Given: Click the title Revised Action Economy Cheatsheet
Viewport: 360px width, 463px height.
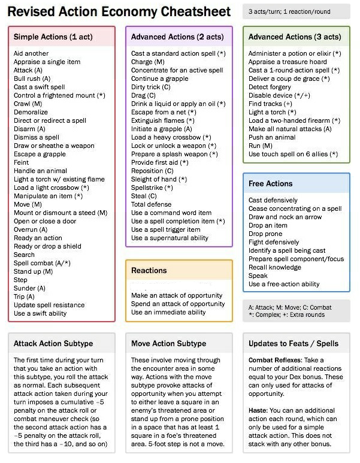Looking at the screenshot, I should click(x=119, y=11).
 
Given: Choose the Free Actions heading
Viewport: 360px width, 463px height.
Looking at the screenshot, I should click(x=270, y=184).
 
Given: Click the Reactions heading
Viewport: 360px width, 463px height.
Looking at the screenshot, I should click(x=150, y=271).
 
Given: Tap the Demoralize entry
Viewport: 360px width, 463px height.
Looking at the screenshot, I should click(x=31, y=112).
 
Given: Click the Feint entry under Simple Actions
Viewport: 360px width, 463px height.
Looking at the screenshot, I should click(x=21, y=162).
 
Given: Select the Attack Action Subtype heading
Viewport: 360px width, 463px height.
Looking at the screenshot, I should click(x=54, y=344).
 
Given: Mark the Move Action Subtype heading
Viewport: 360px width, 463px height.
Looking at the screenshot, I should click(x=168, y=344).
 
